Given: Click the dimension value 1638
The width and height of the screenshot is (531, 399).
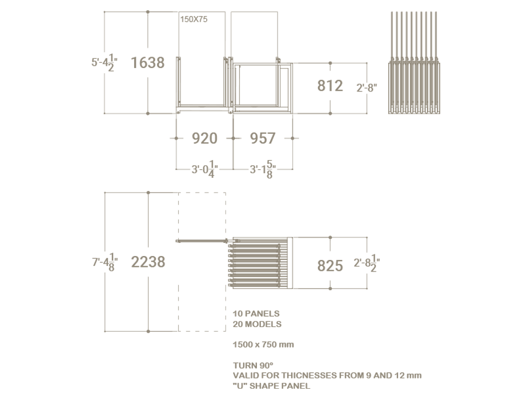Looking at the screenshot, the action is point(148,63).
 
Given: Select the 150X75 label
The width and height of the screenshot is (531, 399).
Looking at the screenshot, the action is point(194,19).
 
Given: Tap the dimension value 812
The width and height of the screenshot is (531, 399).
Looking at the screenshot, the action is point(330,86).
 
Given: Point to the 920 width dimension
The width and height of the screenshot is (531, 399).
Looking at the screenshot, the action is point(204,138).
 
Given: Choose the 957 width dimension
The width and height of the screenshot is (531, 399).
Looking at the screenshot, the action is point(263,138).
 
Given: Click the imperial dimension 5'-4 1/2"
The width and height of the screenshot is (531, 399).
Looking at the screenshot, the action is point(104,63).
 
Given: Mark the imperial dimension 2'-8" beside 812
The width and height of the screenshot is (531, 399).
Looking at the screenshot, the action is point(367,88).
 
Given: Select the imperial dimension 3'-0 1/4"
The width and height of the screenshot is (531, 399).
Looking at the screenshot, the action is point(204,169).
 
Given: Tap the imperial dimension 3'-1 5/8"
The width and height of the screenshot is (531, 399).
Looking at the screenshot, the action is point(263,169).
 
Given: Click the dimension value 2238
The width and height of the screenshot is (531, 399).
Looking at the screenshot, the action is point(148,262).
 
